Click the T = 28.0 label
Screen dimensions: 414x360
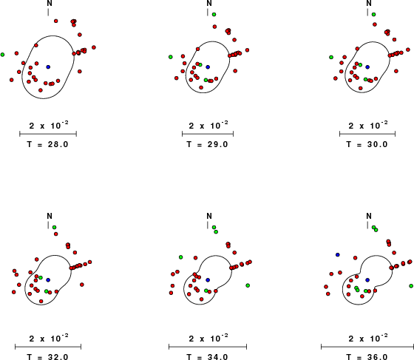click(47, 144)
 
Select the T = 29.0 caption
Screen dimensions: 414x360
click(207, 144)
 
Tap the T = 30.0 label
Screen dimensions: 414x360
click(367, 144)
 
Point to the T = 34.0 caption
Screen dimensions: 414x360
click(207, 357)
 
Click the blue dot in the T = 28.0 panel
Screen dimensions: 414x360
click(48, 67)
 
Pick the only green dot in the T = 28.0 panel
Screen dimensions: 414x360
click(2, 55)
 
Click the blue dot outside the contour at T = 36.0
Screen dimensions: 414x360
click(337, 255)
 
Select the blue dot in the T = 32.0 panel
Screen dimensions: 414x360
click(48, 279)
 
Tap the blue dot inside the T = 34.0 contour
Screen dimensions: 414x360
click(208, 279)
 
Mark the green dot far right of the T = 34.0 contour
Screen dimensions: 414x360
click(248, 285)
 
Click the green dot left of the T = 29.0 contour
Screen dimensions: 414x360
click(171, 57)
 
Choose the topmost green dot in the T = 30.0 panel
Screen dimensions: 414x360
click(373, 15)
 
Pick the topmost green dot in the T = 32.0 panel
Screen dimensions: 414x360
click(54, 227)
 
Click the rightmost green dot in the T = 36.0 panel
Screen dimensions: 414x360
click(411, 286)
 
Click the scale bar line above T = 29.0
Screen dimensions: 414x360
click(208, 134)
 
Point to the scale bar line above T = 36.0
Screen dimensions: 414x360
click(367, 347)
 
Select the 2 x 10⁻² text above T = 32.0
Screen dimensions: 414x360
click(49, 338)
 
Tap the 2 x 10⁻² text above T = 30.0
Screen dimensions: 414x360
click(368, 126)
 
